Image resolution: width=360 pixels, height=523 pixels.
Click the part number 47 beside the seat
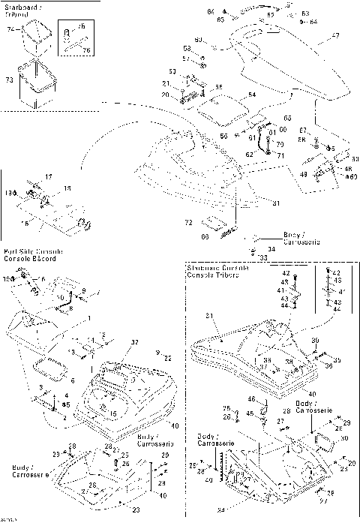point(334,35)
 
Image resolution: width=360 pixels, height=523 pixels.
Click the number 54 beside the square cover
point(252,95)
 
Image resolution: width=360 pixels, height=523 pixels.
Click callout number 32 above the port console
point(136,341)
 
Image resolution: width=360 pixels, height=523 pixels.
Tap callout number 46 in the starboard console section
point(252,399)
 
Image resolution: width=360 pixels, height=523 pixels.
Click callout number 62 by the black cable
point(247,153)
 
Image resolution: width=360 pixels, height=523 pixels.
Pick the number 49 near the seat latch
point(304,174)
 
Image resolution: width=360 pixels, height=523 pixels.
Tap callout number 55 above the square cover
point(219,88)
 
